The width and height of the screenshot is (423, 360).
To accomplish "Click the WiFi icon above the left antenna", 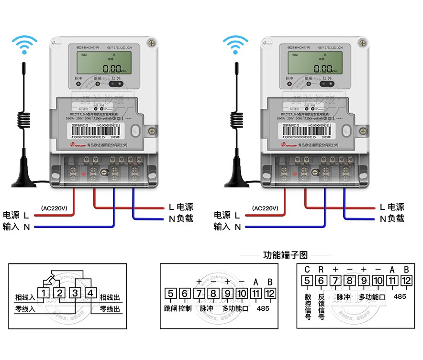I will click(x=24, y=44).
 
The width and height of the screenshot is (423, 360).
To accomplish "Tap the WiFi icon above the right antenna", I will click(x=235, y=44).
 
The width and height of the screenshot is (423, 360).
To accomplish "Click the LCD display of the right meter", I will click(x=311, y=63).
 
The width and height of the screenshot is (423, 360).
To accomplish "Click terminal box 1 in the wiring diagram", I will click(x=44, y=293).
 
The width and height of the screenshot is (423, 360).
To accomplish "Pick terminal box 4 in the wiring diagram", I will click(x=91, y=293).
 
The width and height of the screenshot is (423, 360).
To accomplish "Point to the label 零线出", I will click(x=110, y=309).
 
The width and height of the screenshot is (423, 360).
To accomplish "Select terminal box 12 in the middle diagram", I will click(x=270, y=293).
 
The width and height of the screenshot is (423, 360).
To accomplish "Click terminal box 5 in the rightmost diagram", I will click(x=307, y=281).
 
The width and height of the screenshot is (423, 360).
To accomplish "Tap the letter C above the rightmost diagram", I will click(x=307, y=270).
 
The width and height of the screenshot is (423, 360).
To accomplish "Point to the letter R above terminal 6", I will click(x=321, y=270).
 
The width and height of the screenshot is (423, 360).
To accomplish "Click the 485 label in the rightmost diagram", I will click(x=400, y=296).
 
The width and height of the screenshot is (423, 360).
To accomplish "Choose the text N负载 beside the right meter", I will click(x=392, y=218).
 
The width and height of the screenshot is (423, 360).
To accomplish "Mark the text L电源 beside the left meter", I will click(x=180, y=207).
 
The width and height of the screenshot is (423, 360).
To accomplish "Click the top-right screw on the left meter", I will click(x=152, y=44).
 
